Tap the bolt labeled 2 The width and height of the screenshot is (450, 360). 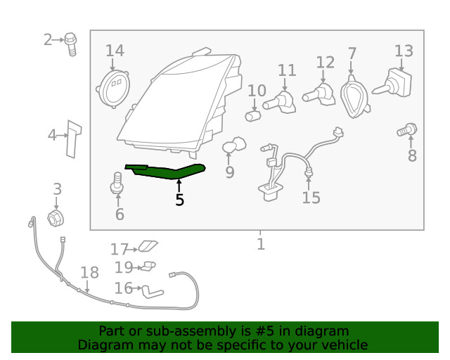[x=70, y=44]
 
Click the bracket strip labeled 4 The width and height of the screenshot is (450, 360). [x=73, y=139]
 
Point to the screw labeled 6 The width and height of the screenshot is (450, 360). [x=117, y=184]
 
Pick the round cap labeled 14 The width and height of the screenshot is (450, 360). [x=112, y=89]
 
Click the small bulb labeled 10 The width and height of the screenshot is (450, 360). [x=252, y=116]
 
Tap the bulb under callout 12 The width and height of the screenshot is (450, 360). [x=319, y=95]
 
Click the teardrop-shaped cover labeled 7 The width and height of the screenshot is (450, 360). [x=354, y=97]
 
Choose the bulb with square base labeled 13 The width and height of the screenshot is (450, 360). [x=392, y=84]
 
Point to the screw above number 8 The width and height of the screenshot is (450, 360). [x=407, y=131]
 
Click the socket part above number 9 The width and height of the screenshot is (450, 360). [x=234, y=145]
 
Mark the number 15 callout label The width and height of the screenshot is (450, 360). [x=311, y=198]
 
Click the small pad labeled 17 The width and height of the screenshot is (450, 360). [x=148, y=246]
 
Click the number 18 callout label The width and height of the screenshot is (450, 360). [x=89, y=272]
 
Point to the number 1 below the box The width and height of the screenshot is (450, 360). [x=261, y=244]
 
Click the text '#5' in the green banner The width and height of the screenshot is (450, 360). [x=264, y=331]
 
